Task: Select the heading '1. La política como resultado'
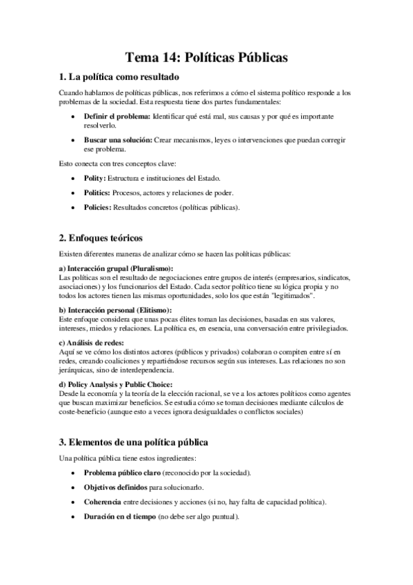pos(119,77)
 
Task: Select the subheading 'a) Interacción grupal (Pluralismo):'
pos(116,268)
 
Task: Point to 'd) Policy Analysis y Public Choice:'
pos(116,384)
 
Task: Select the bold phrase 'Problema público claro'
pos(122,473)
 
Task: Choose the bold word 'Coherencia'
pos(105,502)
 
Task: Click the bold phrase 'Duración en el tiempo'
pos(119,516)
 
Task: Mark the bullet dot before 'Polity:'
pos(73,178)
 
